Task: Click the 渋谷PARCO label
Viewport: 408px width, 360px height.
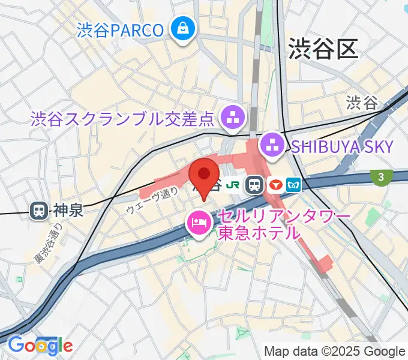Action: tap(121, 29)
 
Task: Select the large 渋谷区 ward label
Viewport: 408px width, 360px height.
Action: tap(323, 47)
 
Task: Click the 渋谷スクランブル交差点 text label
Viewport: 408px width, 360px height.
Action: tap(122, 118)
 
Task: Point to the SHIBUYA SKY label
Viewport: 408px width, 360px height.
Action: tap(342, 146)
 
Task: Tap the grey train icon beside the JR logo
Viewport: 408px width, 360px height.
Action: tap(256, 185)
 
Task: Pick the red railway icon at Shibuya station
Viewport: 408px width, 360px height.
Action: tap(275, 185)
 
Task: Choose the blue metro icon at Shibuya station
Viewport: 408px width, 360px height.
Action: tap(294, 185)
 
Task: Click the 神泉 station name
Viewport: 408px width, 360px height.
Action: tap(67, 210)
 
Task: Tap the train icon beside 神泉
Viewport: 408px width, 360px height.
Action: tap(39, 210)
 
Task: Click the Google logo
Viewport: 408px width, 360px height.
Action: tap(40, 345)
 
